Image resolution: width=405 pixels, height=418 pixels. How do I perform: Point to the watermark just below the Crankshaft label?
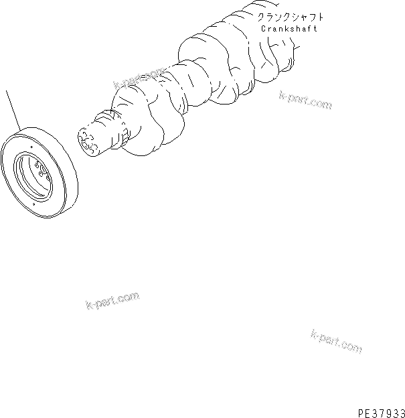(x=305, y=100)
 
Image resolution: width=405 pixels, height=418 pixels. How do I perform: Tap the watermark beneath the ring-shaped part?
(x=112, y=301)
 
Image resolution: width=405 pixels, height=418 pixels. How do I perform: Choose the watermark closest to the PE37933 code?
(x=336, y=341)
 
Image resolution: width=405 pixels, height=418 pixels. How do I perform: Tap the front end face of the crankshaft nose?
(x=87, y=143)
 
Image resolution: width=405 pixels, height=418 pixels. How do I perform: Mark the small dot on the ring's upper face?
(x=31, y=140)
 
